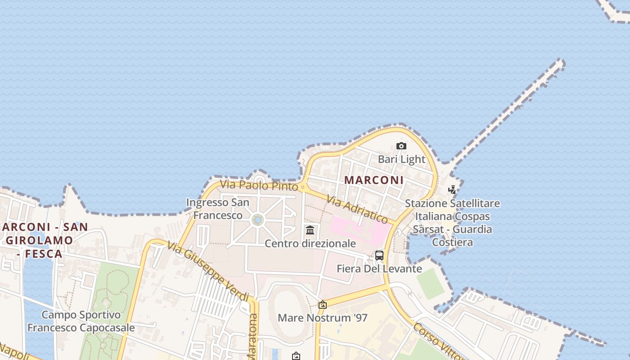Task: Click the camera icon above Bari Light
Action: [401, 146]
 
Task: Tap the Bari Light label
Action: [401, 159]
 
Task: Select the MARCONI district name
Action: [374, 180]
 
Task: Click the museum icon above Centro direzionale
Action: [310, 230]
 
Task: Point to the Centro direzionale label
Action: [310, 243]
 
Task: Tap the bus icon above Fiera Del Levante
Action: [379, 256]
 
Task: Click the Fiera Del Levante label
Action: [379, 269]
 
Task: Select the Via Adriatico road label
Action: [357, 209]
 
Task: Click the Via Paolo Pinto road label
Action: [259, 185]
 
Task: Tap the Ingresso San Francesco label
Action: [218, 209]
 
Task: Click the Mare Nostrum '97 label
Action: [322, 318]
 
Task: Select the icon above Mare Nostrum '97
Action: [322, 305]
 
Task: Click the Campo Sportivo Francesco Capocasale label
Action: [81, 321]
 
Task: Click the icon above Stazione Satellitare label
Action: [452, 190]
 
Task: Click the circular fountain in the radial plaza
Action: [257, 220]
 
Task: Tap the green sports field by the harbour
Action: [431, 283]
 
